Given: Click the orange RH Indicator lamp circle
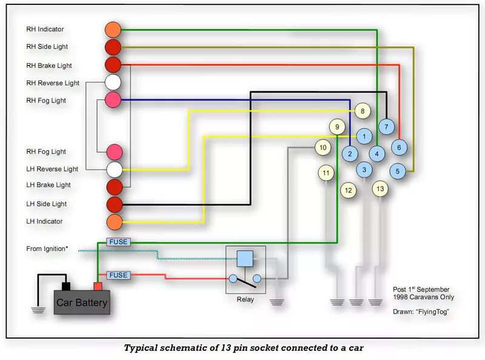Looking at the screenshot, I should pyautogui.click(x=113, y=29).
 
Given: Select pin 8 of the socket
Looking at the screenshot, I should pyautogui.click(x=363, y=111).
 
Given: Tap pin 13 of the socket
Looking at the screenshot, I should pyautogui.click(x=380, y=188).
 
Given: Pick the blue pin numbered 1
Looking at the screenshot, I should pyautogui.click(x=364, y=137).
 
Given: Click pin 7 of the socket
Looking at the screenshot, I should pyautogui.click(x=386, y=127).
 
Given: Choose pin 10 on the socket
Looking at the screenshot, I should pyautogui.click(x=323, y=147).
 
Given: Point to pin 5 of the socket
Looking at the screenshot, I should pyautogui.click(x=398, y=172).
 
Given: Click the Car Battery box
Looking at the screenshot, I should pyautogui.click(x=82, y=302).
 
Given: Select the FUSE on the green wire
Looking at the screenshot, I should pyautogui.click(x=118, y=242).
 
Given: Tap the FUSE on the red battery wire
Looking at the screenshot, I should pyautogui.click(x=118, y=275).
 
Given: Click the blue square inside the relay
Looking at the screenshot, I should pyautogui.click(x=245, y=259).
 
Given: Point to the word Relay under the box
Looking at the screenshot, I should pyautogui.click(x=245, y=299).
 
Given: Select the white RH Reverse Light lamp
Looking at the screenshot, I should pyautogui.click(x=113, y=82).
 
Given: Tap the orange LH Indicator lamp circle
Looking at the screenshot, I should pyautogui.click(x=114, y=222).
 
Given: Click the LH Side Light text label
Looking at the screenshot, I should pyautogui.click(x=47, y=204).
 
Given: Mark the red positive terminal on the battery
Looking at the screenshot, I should pyautogui.click(x=98, y=285).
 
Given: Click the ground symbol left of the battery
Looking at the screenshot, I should pyautogui.click(x=39, y=309).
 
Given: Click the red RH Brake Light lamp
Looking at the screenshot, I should pyautogui.click(x=113, y=64).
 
